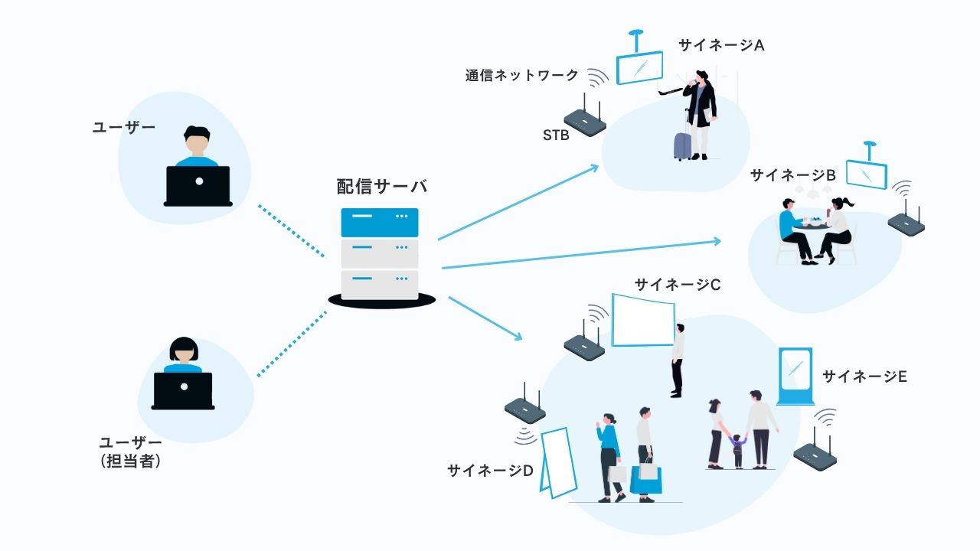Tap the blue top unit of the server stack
pyautogui.click(x=380, y=223)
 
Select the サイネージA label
pyautogui.click(x=721, y=45)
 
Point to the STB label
pyautogui.click(x=556, y=135)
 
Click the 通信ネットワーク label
pyautogui.click(x=521, y=75)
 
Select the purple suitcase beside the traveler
pyautogui.click(x=682, y=144)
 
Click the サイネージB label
pyautogui.click(x=792, y=174)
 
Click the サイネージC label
pyautogui.click(x=677, y=285)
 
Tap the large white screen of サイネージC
pyautogui.click(x=643, y=320)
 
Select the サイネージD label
pyautogui.click(x=490, y=471)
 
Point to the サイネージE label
pyautogui.click(x=864, y=376)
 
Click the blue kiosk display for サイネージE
pyautogui.click(x=795, y=376)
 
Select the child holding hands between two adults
pyautogui.click(x=737, y=450)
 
